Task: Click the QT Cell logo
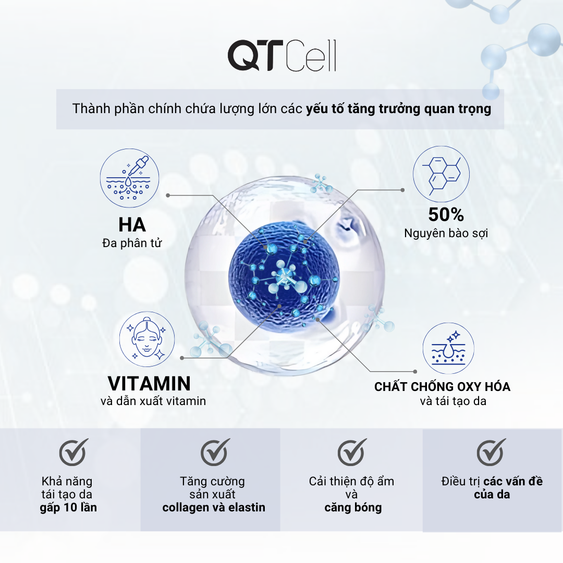(x=282, y=55)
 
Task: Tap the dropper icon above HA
(x=129, y=178)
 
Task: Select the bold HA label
(x=132, y=225)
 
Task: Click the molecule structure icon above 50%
(x=442, y=174)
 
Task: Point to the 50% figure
(x=446, y=214)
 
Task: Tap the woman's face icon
(x=147, y=339)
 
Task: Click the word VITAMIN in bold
(x=149, y=383)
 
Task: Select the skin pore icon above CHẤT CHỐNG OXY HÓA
(x=448, y=348)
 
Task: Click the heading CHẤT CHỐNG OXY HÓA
(x=443, y=387)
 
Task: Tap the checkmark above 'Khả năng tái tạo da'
(x=74, y=451)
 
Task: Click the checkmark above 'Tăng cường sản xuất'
(x=215, y=451)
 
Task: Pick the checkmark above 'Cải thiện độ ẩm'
(x=352, y=451)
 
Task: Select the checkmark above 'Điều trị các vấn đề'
(x=491, y=451)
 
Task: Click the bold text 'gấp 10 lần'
(x=68, y=507)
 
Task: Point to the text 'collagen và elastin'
(x=214, y=507)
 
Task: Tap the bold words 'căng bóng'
(x=353, y=508)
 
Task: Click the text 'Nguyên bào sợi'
(x=446, y=234)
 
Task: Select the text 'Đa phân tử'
(x=132, y=243)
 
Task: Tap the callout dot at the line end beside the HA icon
(x=168, y=195)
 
